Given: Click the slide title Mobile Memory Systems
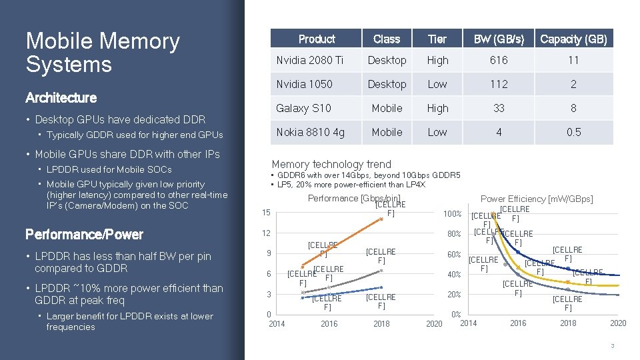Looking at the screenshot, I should coord(103,53).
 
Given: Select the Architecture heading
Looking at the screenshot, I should coord(61,98).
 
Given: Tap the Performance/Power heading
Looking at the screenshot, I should coord(84,234).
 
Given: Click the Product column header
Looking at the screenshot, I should coord(317,39).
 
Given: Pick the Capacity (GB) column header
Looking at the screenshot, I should coord(573,39).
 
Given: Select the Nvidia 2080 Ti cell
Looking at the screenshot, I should coord(310,61).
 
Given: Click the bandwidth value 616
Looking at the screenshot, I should coord(499,61).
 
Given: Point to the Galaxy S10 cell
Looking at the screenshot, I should coord(303,108).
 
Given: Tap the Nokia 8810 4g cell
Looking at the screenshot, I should coord(311,132).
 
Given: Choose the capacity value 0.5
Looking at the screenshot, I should coord(573,132).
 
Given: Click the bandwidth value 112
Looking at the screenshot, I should coord(499,84).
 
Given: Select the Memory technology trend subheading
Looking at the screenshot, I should coord(331,164).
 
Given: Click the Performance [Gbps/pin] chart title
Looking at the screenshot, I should coord(353,198).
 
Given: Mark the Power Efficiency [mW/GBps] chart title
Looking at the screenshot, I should coord(537,199).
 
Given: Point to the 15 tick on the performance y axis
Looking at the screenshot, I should coord(265,213).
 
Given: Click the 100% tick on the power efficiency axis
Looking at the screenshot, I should coord(453,214).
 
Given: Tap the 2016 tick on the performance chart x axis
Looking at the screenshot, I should coord(329,324).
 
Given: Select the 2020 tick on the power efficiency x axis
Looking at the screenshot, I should coord(618,323).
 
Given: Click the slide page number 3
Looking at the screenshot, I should coord(613,345).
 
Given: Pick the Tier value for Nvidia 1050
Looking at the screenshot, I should coord(437,84).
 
